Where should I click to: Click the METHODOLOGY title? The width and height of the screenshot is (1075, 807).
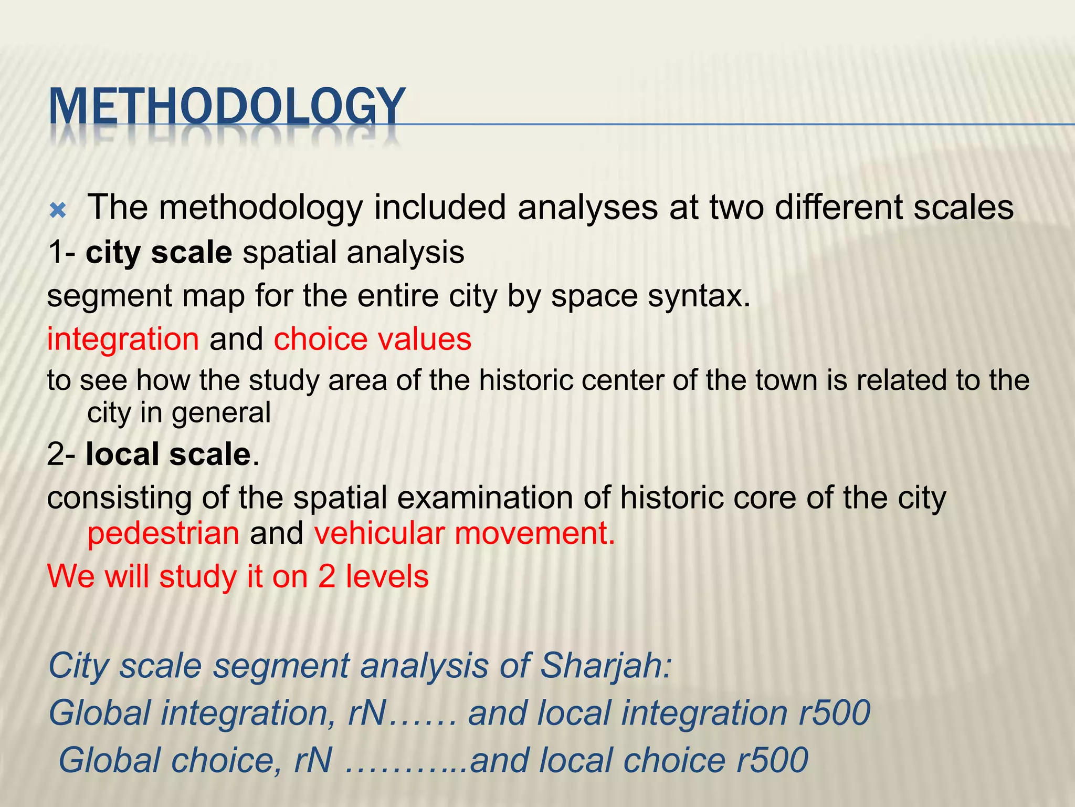tap(227, 108)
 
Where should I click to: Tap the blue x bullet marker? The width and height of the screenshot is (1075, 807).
tap(57, 211)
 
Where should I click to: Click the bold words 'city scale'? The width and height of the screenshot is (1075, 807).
tap(159, 253)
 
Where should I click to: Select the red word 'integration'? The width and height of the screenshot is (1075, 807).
tap(123, 339)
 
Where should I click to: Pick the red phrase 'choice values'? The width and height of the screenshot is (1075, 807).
tap(372, 339)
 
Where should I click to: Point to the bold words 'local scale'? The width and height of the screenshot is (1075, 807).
tap(168, 454)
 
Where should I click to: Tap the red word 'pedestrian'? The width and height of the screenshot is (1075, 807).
tap(163, 533)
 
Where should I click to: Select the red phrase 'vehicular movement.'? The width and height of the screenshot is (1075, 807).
tap(464, 533)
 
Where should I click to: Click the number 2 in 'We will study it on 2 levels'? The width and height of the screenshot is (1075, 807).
tap(326, 576)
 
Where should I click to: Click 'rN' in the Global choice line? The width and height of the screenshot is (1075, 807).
tap(313, 760)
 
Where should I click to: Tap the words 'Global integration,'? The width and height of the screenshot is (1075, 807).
tap(192, 713)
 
